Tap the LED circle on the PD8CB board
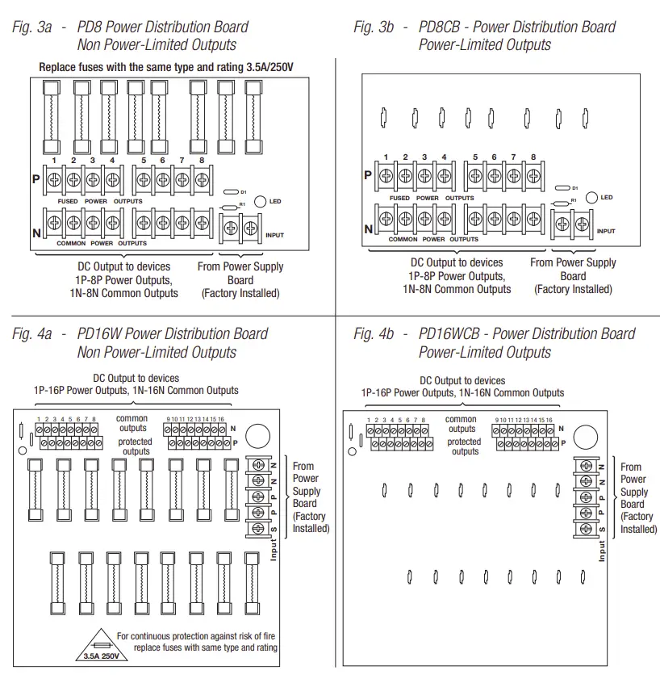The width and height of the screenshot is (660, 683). [x=591, y=197]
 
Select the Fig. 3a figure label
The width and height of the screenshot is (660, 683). [x=32, y=27]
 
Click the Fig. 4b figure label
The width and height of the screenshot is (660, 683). [x=374, y=333]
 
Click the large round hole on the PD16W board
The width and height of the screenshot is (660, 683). [x=257, y=436]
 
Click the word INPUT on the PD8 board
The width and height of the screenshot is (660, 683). [x=275, y=234]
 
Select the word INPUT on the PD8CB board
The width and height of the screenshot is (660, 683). [x=606, y=231]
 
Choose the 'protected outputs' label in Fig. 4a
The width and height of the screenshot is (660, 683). [x=135, y=446]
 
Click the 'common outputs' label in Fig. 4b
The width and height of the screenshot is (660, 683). [x=462, y=424]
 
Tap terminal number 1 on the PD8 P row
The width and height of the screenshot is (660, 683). [x=53, y=161]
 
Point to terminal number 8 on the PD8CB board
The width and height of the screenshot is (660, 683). [x=533, y=157]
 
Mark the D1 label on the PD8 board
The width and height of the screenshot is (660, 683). [x=243, y=192]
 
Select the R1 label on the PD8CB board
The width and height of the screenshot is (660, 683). [x=574, y=199]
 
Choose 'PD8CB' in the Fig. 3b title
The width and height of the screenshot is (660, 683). [x=441, y=27]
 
